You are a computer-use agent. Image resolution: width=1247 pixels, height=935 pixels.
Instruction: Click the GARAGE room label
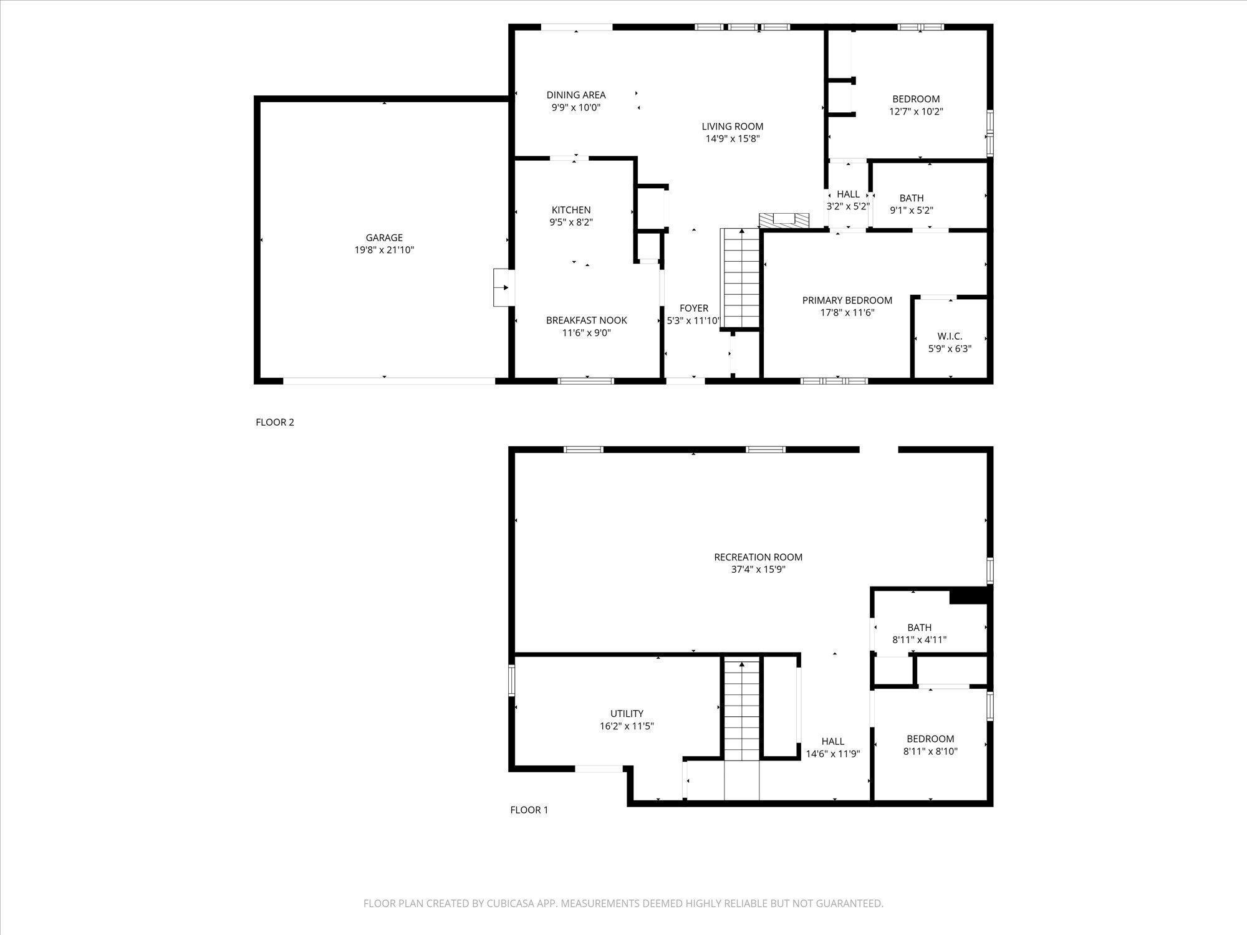click(384, 237)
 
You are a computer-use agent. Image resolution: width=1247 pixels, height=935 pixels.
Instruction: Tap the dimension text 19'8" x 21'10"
click(384, 250)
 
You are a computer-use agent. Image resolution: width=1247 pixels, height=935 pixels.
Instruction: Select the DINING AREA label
click(576, 95)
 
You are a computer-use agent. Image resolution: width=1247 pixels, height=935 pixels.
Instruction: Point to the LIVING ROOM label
click(733, 127)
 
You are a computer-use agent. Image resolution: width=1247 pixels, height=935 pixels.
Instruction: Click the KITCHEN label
click(571, 210)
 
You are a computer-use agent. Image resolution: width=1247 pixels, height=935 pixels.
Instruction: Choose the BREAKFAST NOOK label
click(587, 320)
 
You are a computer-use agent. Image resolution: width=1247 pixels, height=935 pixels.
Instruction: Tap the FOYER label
click(694, 308)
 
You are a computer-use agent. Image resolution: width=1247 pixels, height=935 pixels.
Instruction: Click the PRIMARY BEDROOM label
click(847, 300)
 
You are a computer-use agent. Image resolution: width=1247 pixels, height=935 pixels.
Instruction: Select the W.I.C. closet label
click(950, 337)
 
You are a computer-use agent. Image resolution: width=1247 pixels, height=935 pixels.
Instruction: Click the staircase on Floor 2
click(741, 278)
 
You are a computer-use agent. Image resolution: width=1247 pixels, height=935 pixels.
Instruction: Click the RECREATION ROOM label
click(758, 557)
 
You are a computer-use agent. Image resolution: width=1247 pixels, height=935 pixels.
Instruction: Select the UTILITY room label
click(627, 714)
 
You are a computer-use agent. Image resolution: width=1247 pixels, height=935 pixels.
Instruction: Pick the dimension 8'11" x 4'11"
click(920, 640)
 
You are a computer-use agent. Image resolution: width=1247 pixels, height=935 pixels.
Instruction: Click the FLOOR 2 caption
click(275, 422)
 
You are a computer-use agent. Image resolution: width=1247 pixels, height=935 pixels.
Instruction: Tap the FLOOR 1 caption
click(529, 810)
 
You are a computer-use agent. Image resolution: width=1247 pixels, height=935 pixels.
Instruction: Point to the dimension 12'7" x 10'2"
click(916, 112)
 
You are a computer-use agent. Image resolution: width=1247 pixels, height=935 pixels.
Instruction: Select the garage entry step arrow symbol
click(504, 287)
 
